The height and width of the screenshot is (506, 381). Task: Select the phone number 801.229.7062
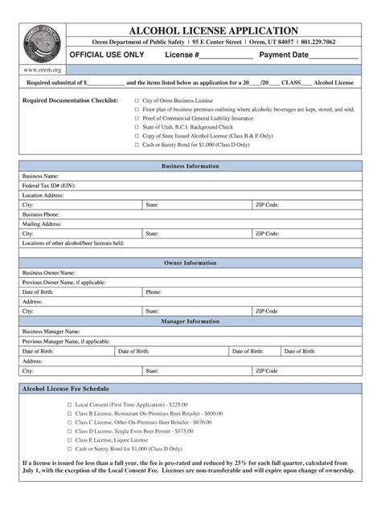pyautogui.click(x=333, y=42)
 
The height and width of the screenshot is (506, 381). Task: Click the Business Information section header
pyautogui.click(x=190, y=166)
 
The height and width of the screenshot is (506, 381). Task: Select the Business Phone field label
pyautogui.click(x=41, y=214)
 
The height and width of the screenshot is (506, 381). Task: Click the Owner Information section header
pyautogui.click(x=190, y=263)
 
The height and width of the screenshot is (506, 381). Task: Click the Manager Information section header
pyautogui.click(x=190, y=320)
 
